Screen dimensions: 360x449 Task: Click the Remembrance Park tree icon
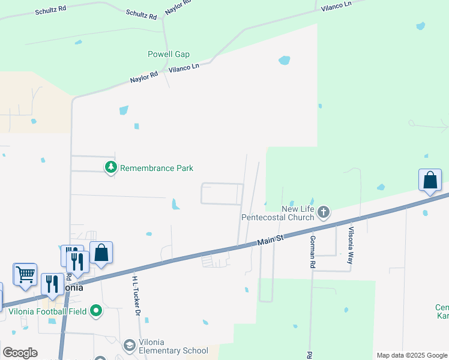110,167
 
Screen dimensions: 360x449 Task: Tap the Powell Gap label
169,55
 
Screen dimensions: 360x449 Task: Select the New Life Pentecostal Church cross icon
324,211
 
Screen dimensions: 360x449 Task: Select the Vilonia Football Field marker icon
96,311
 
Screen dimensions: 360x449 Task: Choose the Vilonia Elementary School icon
129,346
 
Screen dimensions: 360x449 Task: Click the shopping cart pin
25,274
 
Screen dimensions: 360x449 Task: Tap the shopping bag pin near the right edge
430,180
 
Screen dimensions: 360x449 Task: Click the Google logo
20,353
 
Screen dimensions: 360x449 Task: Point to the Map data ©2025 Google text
411,355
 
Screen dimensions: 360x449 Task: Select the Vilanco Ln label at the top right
337,5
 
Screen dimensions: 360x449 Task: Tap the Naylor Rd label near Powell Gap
144,77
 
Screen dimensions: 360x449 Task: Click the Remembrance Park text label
157,168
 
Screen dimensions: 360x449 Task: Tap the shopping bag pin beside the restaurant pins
101,253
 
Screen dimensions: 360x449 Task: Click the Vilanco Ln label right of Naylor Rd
184,68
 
